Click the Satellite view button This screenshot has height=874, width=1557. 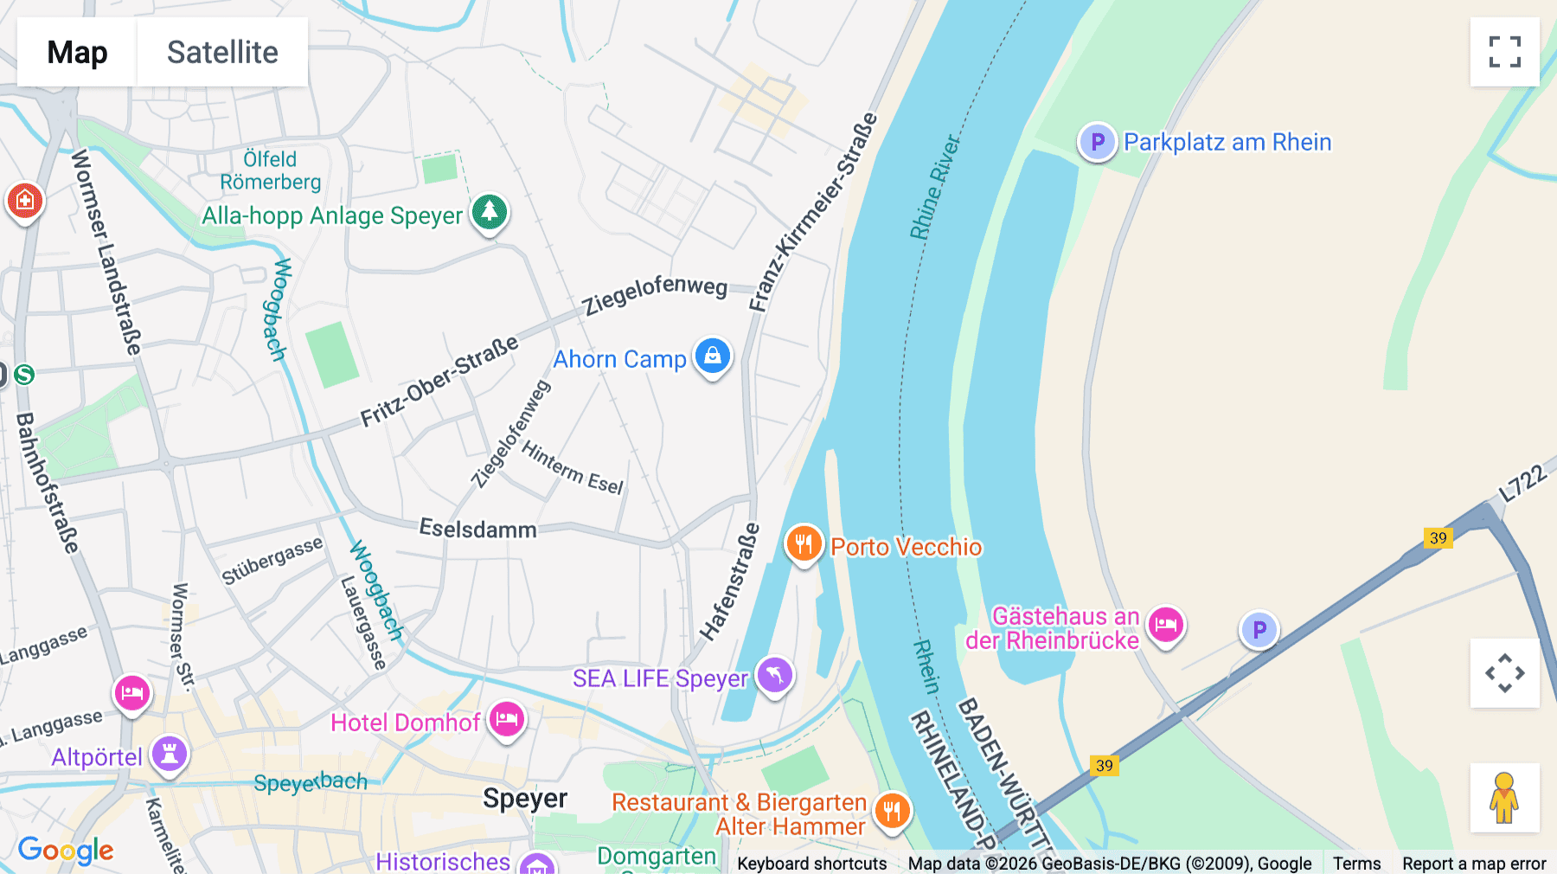pyautogui.click(x=222, y=52)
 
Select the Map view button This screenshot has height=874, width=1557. pyautogui.click(x=77, y=52)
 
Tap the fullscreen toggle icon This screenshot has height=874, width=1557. pyautogui.click(x=1504, y=52)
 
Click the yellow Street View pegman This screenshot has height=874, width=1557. pyautogui.click(x=1504, y=797)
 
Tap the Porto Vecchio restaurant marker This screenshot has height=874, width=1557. pyautogui.click(x=804, y=544)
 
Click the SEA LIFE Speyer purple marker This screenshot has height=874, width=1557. pyautogui.click(x=774, y=675)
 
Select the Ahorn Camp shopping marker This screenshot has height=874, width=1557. pyautogui.click(x=713, y=356)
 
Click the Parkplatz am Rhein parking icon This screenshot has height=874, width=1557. pyautogui.click(x=1097, y=141)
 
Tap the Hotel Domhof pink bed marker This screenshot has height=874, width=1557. pyautogui.click(x=507, y=720)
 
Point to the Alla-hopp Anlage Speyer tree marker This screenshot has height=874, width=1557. pyautogui.click(x=490, y=212)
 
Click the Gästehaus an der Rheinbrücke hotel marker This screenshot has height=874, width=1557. pyautogui.click(x=1165, y=625)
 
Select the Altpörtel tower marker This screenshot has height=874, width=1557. pyautogui.click(x=170, y=755)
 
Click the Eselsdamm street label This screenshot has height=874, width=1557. pyautogui.click(x=477, y=529)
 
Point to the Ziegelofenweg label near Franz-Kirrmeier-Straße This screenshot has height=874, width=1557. pyautogui.click(x=654, y=295)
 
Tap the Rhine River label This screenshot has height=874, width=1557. pyautogui.click(x=934, y=187)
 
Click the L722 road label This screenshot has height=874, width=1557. pyautogui.click(x=1522, y=483)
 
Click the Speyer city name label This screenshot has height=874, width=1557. pyautogui.click(x=525, y=798)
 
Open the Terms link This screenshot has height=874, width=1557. pyautogui.click(x=1356, y=863)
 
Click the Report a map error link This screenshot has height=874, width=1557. pyautogui.click(x=1473, y=863)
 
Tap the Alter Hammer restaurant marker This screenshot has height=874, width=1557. pyautogui.click(x=892, y=812)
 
